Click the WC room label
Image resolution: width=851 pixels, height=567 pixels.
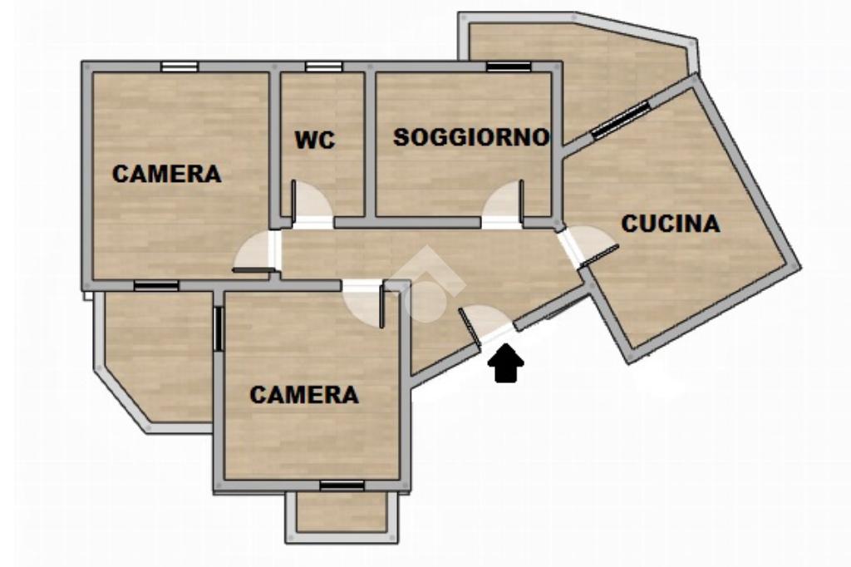tap(315, 141)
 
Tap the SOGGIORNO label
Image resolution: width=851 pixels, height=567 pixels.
tap(471, 137)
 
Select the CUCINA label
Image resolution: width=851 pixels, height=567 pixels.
tap(671, 224)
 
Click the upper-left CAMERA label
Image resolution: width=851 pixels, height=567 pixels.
tap(166, 174)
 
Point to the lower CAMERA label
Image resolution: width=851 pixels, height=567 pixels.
tap(304, 394)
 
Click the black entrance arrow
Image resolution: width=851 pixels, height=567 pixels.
tap(506, 363)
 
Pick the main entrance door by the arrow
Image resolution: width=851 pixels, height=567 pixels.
tap(485, 324)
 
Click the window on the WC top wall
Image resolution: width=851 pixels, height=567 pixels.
tap(323, 67)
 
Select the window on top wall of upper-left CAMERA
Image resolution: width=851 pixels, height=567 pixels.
tap(180, 67)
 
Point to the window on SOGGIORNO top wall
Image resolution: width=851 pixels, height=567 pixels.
tap(509, 67)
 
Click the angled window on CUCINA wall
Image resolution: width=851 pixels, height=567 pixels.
tap(620, 120)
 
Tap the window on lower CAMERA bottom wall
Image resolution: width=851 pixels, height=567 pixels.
tap(342, 486)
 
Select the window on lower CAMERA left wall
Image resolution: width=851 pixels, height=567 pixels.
tap(219, 328)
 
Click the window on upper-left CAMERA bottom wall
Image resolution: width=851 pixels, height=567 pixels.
tap(156, 286)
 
